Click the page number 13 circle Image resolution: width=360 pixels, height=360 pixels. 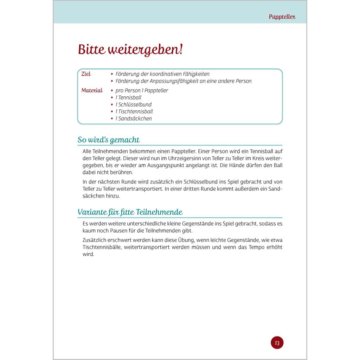(x=277, y=342)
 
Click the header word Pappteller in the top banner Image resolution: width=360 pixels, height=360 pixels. (x=282, y=17)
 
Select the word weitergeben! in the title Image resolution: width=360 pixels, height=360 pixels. (x=144, y=50)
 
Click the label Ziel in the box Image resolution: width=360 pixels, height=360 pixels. (x=86, y=74)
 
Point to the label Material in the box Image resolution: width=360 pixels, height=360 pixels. (x=92, y=90)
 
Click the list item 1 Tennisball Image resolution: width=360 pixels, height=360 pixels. (x=128, y=97)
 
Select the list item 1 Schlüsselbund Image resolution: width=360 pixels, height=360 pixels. (x=134, y=104)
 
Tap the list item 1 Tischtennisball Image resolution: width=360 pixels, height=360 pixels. (x=134, y=111)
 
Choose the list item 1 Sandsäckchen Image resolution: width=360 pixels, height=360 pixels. (x=134, y=118)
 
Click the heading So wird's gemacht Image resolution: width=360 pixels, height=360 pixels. (x=109, y=140)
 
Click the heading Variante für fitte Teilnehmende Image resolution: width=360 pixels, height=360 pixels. (x=130, y=212)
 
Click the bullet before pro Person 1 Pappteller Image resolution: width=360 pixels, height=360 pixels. (x=112, y=91)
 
